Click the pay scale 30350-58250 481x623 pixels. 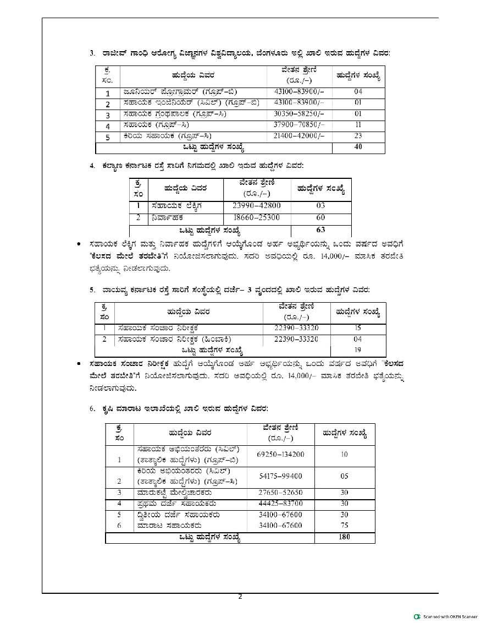(299, 114)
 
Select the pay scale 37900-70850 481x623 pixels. (299, 125)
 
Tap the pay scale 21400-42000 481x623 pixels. (299, 135)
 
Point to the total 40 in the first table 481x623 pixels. (358, 147)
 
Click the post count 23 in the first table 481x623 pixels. (358, 135)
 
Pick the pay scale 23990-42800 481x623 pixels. (257, 206)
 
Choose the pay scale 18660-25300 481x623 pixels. (257, 217)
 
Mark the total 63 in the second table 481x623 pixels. (321, 229)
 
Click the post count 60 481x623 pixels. (321, 217)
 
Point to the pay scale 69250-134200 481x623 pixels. (280, 455)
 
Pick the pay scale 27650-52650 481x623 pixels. (280, 493)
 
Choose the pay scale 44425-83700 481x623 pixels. (280, 503)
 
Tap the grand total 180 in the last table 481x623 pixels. (344, 537)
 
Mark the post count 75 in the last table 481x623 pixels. (344, 525)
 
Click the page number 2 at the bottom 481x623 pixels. (240, 597)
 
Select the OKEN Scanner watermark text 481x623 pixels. (450, 616)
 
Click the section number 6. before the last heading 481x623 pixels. (93, 408)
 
